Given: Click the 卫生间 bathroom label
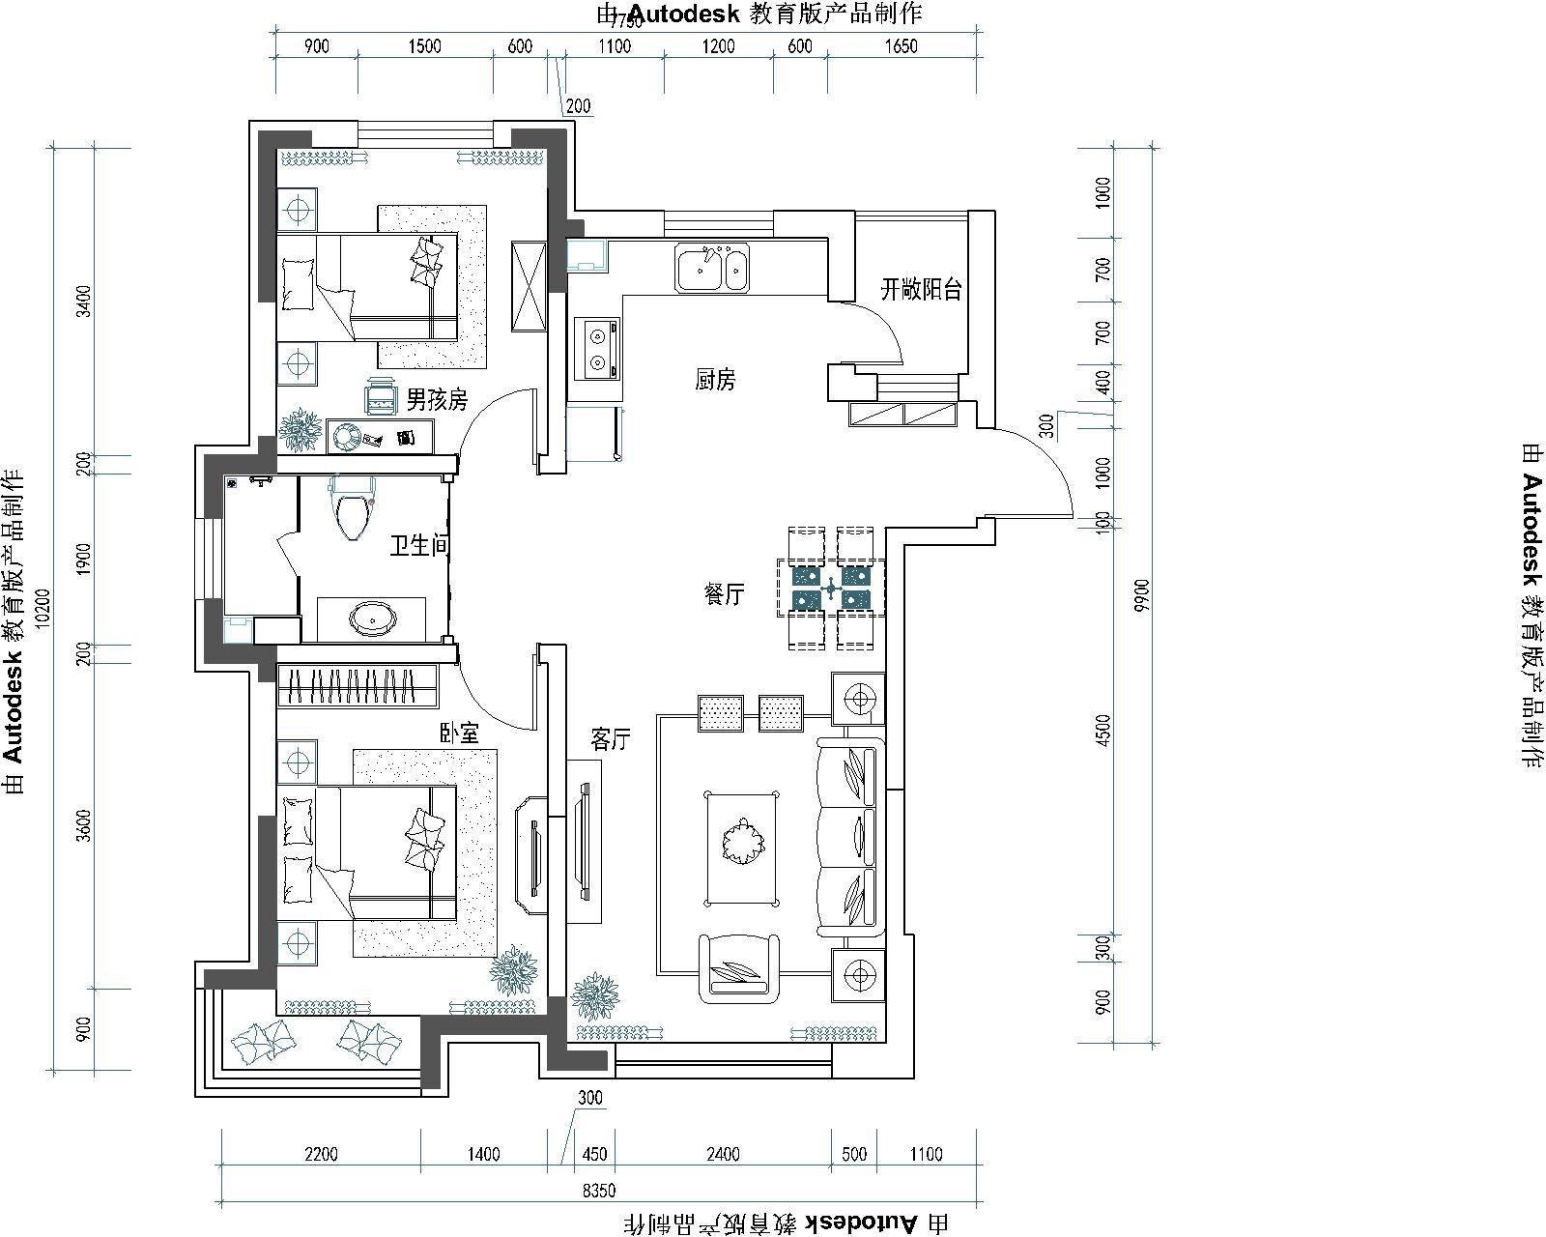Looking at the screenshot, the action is point(419,546).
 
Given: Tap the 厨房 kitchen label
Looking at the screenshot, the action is point(716,379).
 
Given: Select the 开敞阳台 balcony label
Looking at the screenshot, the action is point(921,290).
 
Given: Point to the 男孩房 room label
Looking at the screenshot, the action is point(437,399).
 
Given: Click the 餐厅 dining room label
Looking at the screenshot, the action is point(724,594).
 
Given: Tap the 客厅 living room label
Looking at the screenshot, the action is point(611,739).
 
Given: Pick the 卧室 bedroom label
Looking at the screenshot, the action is point(459,734).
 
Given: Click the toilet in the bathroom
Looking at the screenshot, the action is point(352,505).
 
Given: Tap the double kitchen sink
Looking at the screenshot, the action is point(712,268).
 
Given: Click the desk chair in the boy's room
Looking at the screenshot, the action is point(381,396).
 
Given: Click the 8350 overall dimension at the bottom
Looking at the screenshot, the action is point(598,1191).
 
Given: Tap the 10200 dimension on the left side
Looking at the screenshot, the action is point(43,609).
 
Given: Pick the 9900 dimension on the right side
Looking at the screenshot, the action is point(1141,595).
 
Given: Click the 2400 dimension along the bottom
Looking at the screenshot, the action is point(723,1154).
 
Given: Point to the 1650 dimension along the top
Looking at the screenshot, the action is point(901,46).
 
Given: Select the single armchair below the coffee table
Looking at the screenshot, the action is point(739,970).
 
